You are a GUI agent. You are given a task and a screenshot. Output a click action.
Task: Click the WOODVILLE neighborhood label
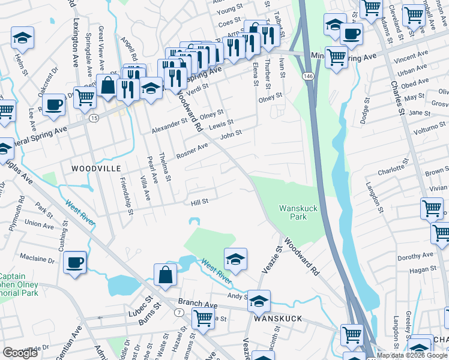96,169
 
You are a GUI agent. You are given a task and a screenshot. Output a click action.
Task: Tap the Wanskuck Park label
298,212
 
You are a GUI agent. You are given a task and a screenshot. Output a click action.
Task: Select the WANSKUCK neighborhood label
276,320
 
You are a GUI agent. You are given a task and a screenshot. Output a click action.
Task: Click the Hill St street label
199,202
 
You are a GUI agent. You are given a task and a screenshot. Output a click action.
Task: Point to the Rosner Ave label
191,151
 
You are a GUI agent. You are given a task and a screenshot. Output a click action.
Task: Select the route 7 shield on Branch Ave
179,313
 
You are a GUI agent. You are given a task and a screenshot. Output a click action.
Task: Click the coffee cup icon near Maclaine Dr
75,262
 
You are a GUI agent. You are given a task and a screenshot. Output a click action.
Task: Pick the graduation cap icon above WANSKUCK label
259,301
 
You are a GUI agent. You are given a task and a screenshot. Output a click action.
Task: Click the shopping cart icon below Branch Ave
202,319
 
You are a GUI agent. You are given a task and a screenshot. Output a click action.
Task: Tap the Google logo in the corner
20,353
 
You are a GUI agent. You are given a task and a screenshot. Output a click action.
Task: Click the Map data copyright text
412,355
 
